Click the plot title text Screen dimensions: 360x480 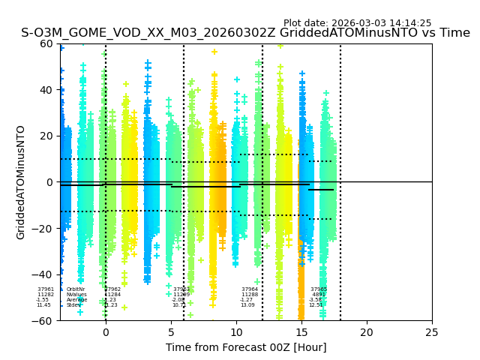click(x=245, y=33)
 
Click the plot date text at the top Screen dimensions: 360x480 click(x=357, y=23)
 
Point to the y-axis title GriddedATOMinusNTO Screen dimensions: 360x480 click(x=21, y=182)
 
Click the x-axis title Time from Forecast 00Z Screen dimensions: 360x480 click(x=246, y=347)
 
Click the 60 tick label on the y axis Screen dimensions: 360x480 click(x=47, y=43)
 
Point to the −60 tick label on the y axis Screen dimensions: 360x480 click(x=44, y=321)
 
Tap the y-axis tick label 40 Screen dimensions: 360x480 click(x=47, y=90)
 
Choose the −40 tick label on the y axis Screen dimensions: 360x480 click(x=44, y=274)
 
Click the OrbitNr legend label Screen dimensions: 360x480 click(x=76, y=289)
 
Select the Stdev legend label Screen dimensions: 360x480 click(x=73, y=305)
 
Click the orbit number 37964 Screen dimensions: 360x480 click(x=250, y=289)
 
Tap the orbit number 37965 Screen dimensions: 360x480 click(x=319, y=289)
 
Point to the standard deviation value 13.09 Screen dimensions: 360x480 click(x=247, y=305)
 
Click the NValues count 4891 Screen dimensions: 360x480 click(x=319, y=295)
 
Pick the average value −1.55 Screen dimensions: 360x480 click(x=43, y=300)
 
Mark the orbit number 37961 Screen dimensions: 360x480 click(x=46, y=289)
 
